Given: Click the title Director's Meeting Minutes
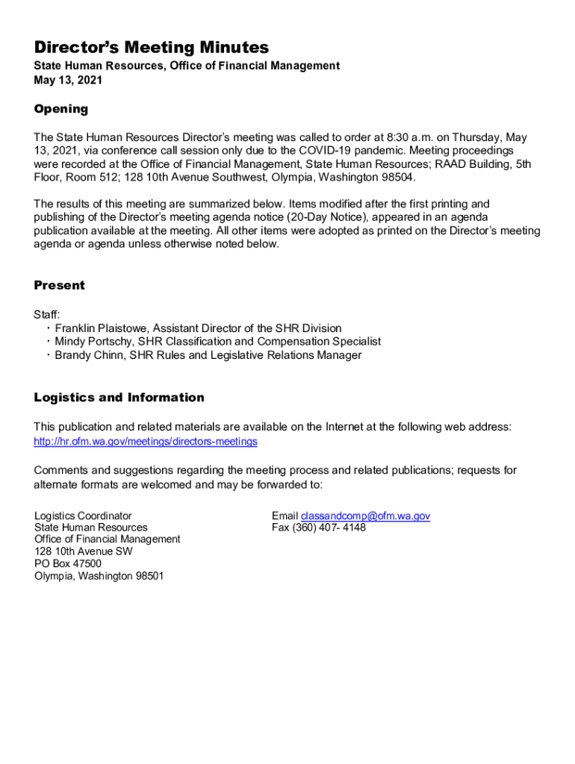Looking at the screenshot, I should tap(151, 48).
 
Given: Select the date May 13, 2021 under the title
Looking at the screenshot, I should tap(68, 80).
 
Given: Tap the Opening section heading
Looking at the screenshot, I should tap(61, 109).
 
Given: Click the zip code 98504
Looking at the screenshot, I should tap(395, 178).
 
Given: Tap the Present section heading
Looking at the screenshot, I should tap(60, 285).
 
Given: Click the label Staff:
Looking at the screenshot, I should tap(47, 315).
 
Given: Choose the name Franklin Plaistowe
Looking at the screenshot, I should tap(102, 328).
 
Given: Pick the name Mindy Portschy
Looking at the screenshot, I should tap(94, 342).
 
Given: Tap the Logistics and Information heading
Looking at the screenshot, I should tap(119, 398).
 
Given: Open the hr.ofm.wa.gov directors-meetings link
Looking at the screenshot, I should tap(146, 442).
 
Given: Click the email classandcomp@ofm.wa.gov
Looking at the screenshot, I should tap(365, 516).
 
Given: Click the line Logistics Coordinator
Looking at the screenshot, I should tap(83, 516).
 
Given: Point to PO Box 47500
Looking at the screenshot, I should tap(68, 564).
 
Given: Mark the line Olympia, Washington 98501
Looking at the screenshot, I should tap(99, 576).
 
